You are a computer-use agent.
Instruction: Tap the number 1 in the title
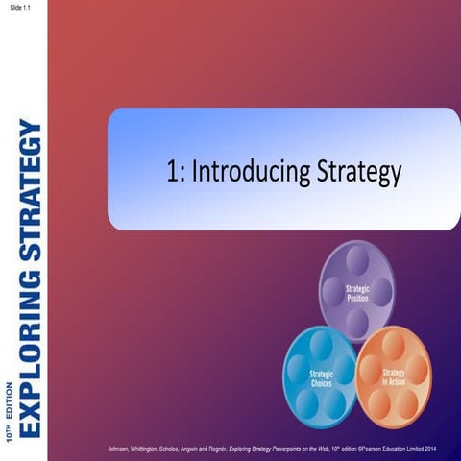coord(172,172)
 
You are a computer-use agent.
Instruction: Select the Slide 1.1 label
coord(19,7)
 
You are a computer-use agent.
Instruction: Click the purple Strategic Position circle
coord(357,291)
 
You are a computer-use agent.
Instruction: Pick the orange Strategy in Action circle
coord(393,375)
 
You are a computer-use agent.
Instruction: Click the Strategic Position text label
coord(357,293)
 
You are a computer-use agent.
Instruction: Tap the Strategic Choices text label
coord(322,376)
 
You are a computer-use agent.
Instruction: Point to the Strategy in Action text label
coord(394,376)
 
